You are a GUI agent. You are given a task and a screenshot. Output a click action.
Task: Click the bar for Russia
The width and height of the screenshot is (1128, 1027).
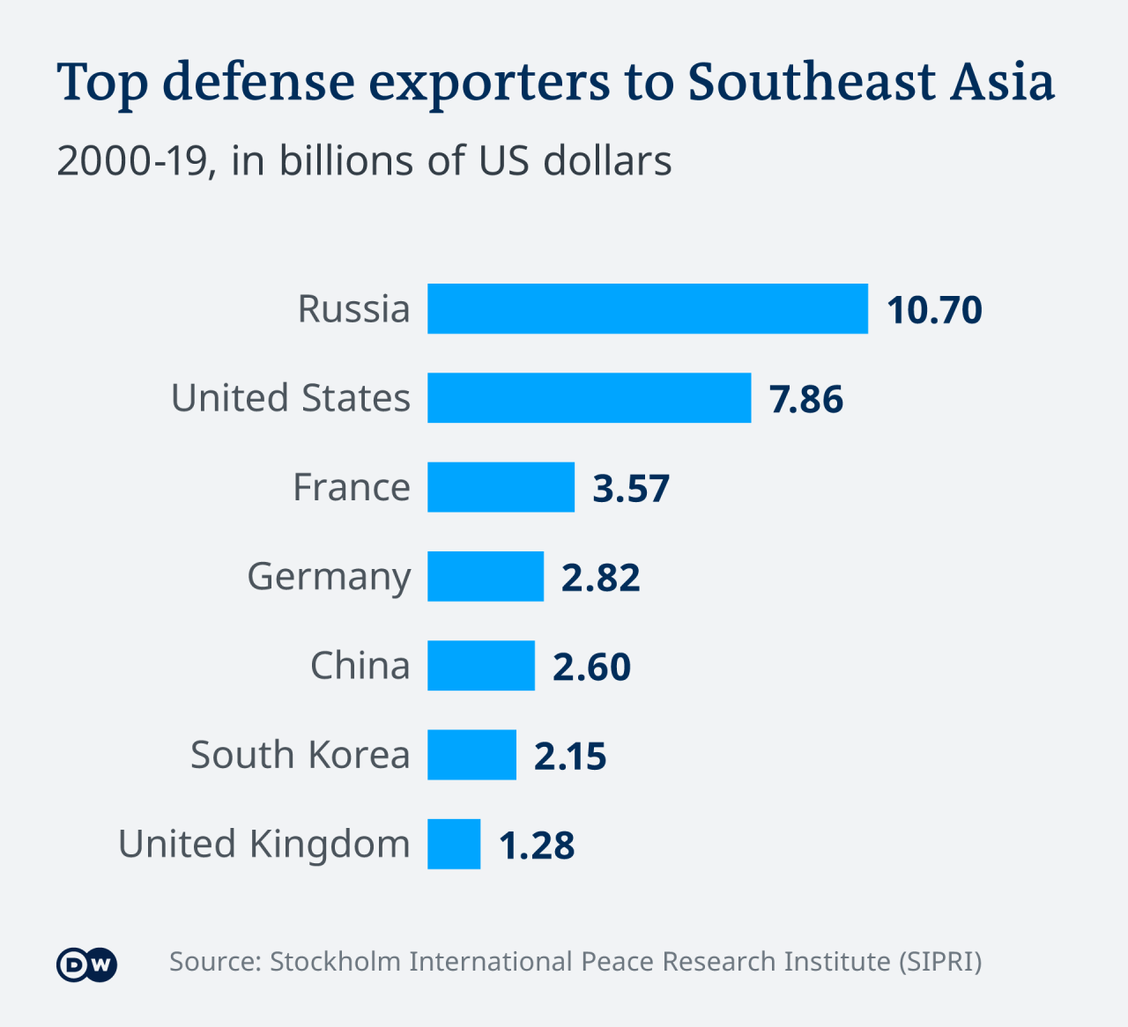pyautogui.click(x=648, y=309)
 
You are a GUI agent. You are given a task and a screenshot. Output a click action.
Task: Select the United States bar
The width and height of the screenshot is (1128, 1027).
pyautogui.click(x=589, y=398)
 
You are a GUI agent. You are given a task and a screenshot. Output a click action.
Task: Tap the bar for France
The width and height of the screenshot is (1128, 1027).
pyautogui.click(x=501, y=487)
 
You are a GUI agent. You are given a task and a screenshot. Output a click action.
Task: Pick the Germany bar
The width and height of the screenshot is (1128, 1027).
pyautogui.click(x=486, y=576)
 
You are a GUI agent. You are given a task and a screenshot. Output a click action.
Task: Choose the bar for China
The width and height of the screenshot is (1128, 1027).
pyautogui.click(x=481, y=666)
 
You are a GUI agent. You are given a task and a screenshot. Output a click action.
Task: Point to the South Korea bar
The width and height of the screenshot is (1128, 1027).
pyautogui.click(x=471, y=755)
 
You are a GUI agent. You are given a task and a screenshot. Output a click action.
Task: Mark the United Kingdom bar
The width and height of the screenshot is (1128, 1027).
pyautogui.click(x=454, y=844)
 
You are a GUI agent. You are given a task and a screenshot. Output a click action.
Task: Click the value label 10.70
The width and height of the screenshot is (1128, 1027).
pyautogui.click(x=934, y=310)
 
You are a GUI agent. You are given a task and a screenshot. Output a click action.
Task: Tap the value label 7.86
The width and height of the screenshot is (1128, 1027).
pyautogui.click(x=806, y=399)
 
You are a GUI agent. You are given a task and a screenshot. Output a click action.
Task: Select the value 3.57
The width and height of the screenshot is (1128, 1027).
pyautogui.click(x=631, y=488)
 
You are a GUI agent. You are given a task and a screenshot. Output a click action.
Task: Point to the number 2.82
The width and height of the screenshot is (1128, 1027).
pyautogui.click(x=601, y=578)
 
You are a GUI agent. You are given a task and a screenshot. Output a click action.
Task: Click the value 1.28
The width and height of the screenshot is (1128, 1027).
pyautogui.click(x=537, y=845)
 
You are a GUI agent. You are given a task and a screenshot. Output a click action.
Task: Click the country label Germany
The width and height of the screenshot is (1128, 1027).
pyautogui.click(x=329, y=578)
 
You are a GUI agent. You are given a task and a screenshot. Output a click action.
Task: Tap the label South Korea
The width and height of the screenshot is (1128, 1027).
pyautogui.click(x=301, y=755)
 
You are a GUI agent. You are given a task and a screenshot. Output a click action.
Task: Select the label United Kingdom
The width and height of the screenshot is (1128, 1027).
pyautogui.click(x=264, y=845)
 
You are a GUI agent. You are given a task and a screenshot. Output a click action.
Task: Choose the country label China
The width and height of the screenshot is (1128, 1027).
pyautogui.click(x=360, y=666)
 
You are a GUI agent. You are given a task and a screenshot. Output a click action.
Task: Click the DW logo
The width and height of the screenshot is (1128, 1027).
pyautogui.click(x=86, y=964)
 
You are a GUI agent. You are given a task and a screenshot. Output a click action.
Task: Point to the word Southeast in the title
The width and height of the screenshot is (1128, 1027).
pyautogui.click(x=811, y=82)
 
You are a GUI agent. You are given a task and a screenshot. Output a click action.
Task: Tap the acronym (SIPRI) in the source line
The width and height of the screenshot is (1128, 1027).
pyautogui.click(x=940, y=961)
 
